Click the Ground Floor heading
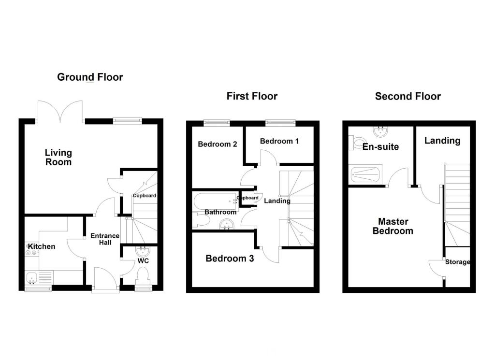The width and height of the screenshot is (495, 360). click(90, 77)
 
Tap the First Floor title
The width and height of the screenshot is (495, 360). click(252, 96)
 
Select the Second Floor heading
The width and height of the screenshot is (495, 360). click(408, 96)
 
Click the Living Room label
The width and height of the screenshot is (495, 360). click(58, 158)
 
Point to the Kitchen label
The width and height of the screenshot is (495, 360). click(42, 246)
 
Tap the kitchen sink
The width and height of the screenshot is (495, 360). click(32, 278)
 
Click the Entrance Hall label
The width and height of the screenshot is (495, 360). click(105, 239)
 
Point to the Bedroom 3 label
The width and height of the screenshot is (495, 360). click(230, 259)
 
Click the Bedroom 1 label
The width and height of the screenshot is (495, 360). click(279, 141)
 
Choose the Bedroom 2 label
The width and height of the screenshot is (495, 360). click(218, 144)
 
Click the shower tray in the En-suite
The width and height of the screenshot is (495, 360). click(365, 174)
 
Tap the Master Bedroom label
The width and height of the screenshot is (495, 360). click(393, 226)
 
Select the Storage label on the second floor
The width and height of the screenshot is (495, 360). click(457, 262)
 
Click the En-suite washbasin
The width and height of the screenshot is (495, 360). click(380, 131)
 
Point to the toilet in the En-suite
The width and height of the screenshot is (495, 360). click(357, 143)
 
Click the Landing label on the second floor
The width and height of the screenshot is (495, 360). click(442, 141)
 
